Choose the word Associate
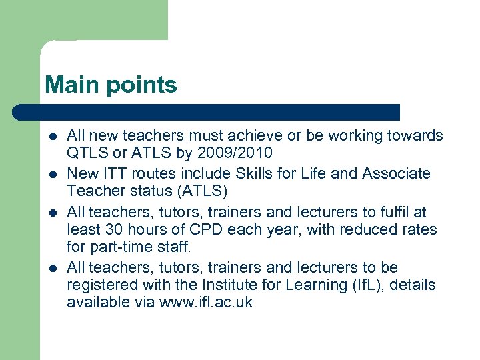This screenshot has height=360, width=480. click(397, 174)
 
